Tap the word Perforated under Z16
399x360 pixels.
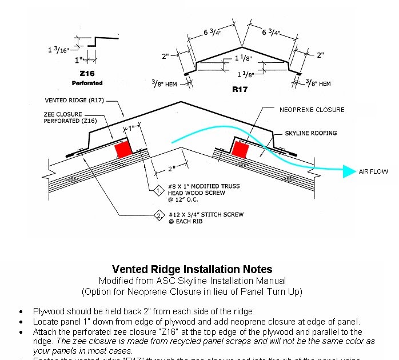87,83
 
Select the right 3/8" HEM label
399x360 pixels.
318,84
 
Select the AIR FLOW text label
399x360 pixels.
373,171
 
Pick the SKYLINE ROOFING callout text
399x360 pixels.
311,133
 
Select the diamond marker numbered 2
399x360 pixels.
158,215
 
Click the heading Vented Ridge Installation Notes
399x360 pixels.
192,269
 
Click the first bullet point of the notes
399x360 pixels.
21,312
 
